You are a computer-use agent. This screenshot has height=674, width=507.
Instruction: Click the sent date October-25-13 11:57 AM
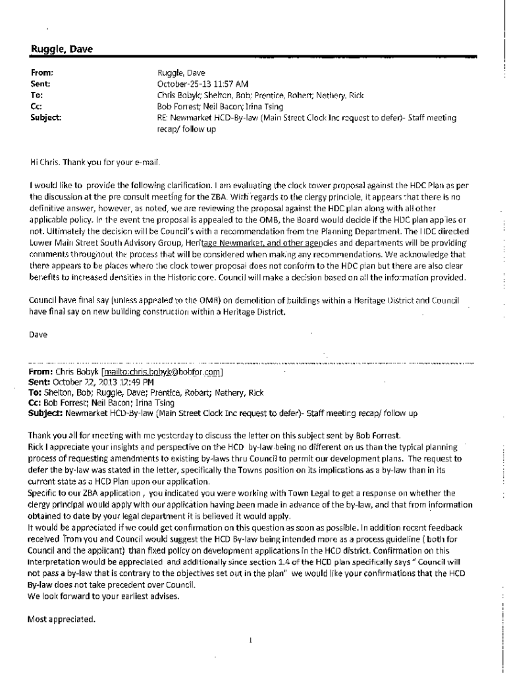[x=203, y=84]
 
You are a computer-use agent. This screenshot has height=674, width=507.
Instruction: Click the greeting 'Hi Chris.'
[x=45, y=162]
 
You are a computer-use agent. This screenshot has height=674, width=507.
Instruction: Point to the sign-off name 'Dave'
[x=38, y=334]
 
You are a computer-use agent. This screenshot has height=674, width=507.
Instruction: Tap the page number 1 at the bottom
[x=252, y=640]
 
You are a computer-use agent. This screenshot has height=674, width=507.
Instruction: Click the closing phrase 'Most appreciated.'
[x=61, y=618]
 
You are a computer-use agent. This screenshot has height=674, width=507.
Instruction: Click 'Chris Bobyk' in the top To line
[x=178, y=95]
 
